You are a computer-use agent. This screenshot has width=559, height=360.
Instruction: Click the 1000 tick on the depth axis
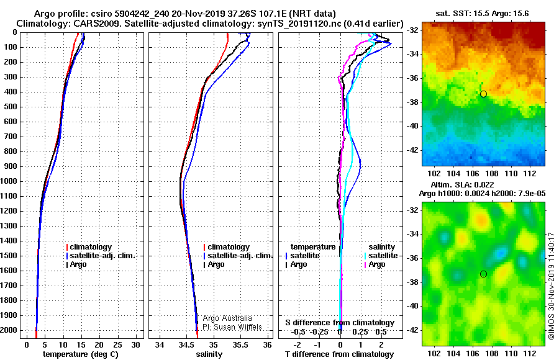11,181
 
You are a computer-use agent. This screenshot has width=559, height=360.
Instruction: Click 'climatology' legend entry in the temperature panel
90,247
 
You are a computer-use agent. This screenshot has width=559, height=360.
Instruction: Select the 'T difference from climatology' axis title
339,354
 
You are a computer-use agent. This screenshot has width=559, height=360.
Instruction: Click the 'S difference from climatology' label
340,323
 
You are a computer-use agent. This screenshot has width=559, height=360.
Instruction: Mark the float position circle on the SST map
483,94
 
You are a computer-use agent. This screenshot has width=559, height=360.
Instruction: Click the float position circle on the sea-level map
483,274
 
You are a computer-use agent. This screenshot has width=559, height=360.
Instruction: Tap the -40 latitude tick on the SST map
414,125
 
